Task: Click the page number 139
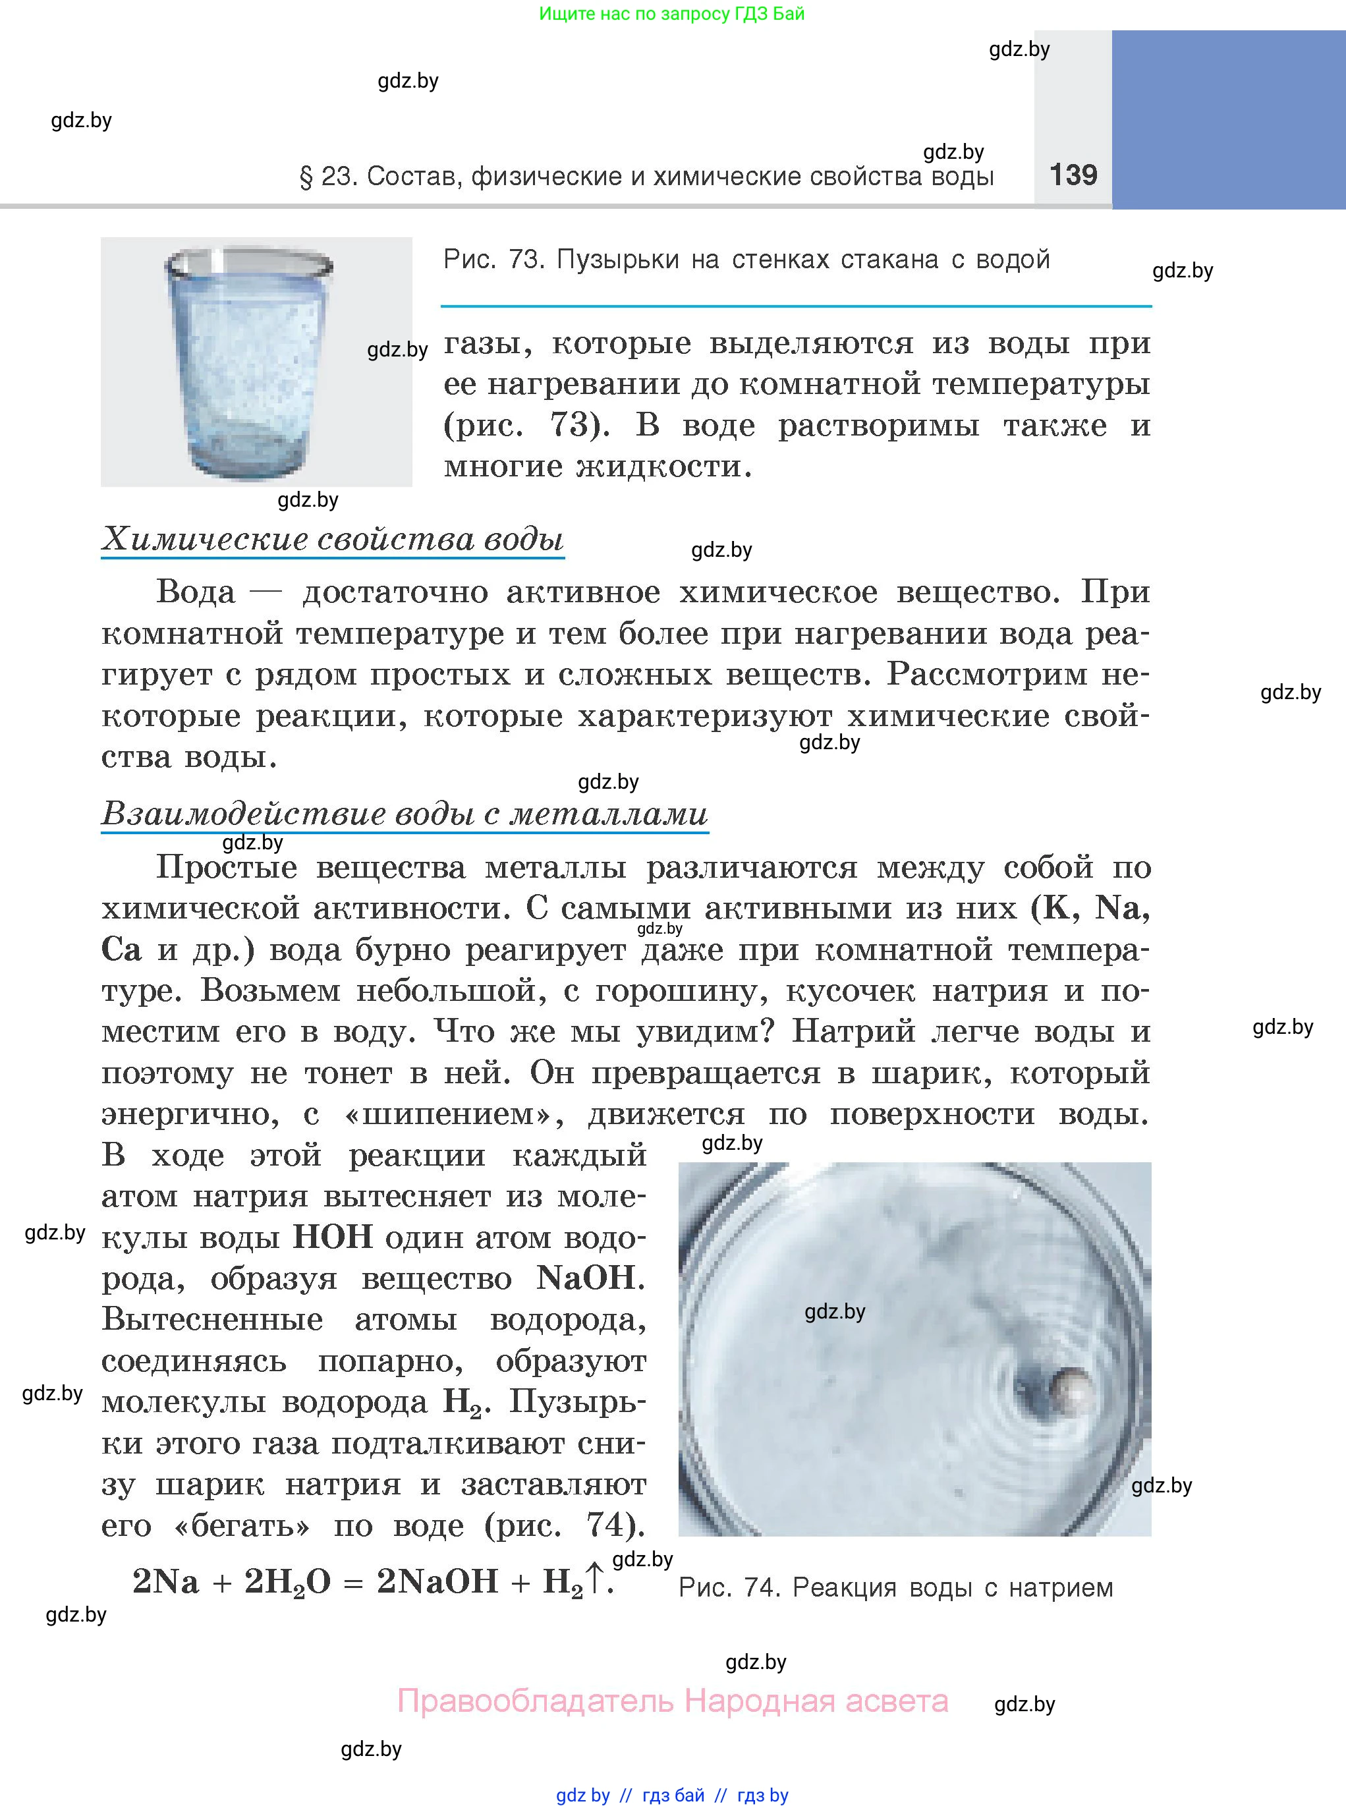[1073, 175]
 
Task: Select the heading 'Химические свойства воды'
[333, 540]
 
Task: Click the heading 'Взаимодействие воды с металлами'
[404, 814]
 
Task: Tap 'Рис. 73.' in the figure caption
[493, 260]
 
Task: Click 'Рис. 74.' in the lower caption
[729, 1588]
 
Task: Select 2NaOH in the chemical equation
[437, 1581]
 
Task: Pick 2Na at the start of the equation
[165, 1581]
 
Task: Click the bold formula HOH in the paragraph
[333, 1237]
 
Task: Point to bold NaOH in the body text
[586, 1278]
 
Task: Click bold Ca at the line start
[121, 950]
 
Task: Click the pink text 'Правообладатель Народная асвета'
[672, 1701]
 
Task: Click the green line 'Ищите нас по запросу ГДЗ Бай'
[671, 14]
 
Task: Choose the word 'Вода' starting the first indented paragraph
[196, 592]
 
